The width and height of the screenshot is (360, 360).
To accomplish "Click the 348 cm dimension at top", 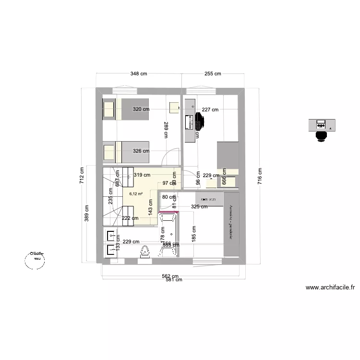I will click(139, 74).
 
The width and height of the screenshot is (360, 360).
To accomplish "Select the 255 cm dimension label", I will click(213, 74).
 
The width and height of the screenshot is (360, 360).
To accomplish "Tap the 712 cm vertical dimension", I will click(82, 176).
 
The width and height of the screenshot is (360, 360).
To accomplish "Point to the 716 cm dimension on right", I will click(260, 176).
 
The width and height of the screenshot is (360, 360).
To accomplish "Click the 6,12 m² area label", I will click(136, 194).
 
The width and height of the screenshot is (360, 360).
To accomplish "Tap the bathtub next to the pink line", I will click(168, 235).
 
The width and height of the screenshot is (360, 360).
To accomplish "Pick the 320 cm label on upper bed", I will click(141, 109).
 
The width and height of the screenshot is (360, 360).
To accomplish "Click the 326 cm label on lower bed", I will click(141, 151).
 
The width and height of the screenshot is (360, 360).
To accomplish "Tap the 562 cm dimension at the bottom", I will click(169, 276).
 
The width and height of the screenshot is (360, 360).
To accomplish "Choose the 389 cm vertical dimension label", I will click(87, 224).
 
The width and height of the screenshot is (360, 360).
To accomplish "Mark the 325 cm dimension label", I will click(199, 207).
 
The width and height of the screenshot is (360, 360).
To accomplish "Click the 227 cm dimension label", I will click(210, 109).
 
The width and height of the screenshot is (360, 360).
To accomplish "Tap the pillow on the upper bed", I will click(109, 109).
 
